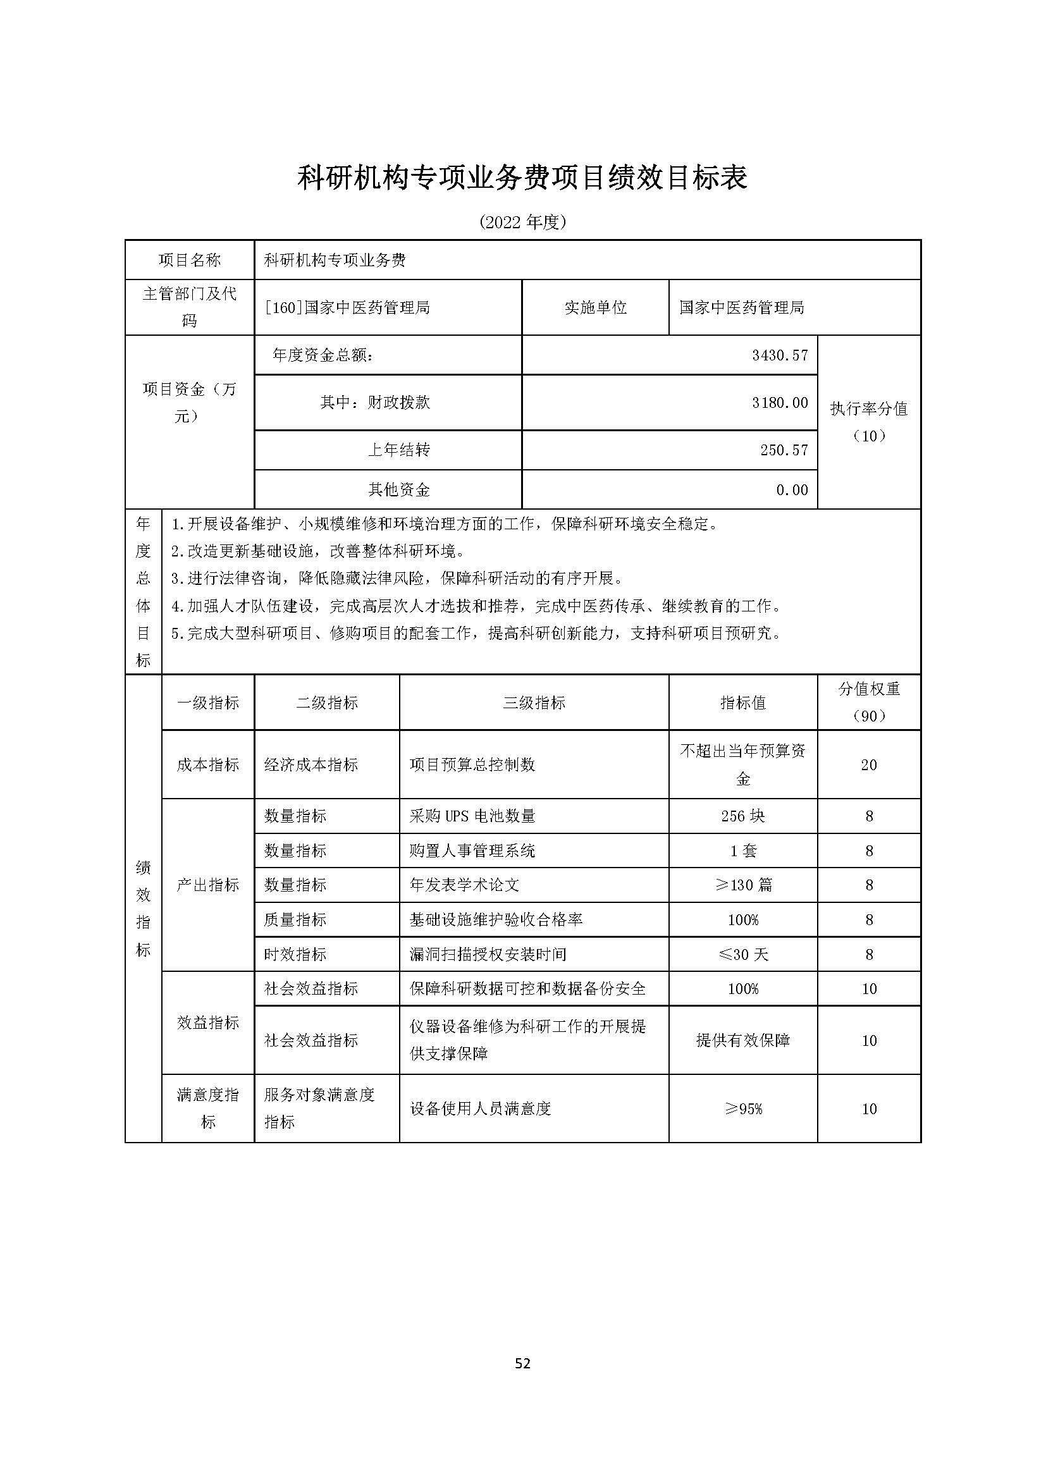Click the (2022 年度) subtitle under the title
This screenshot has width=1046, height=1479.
point(522,222)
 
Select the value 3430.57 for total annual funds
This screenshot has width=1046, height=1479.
point(779,355)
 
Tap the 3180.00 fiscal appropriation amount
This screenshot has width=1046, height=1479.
point(779,403)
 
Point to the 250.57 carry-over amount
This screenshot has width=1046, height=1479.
point(783,450)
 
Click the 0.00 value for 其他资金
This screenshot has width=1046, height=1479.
point(792,490)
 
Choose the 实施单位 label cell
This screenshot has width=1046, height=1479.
point(595,308)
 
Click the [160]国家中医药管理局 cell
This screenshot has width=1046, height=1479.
point(347,308)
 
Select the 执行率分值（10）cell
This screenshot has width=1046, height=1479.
point(868,422)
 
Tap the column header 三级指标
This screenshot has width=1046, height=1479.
point(534,703)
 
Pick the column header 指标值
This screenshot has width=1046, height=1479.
point(742,703)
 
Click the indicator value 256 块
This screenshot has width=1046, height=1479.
point(742,816)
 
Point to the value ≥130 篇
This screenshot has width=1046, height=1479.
point(742,885)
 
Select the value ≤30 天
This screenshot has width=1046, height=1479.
point(742,955)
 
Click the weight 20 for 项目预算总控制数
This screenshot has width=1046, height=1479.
point(868,765)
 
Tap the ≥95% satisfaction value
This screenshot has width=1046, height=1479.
point(742,1109)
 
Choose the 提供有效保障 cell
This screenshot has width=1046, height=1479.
point(742,1040)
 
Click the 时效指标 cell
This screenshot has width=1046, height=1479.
point(295,955)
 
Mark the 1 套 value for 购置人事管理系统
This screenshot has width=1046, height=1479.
point(742,851)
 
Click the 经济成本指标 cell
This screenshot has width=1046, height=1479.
point(311,765)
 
